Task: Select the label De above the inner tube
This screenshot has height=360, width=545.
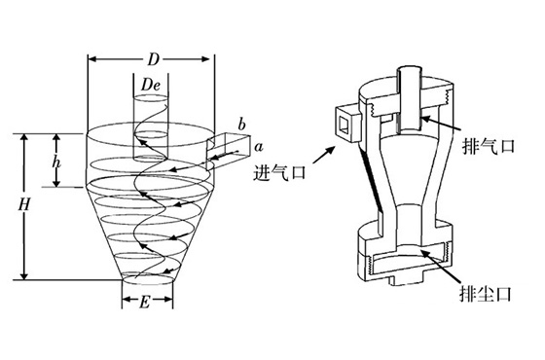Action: coord(150,88)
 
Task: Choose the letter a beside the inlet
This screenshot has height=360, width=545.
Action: coord(259,147)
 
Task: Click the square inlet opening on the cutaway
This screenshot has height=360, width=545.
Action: coord(345,123)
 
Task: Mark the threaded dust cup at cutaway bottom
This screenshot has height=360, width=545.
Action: coord(401,261)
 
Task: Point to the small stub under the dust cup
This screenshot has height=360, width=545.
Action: coord(401,282)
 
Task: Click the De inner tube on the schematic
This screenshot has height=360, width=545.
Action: coord(149,126)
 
